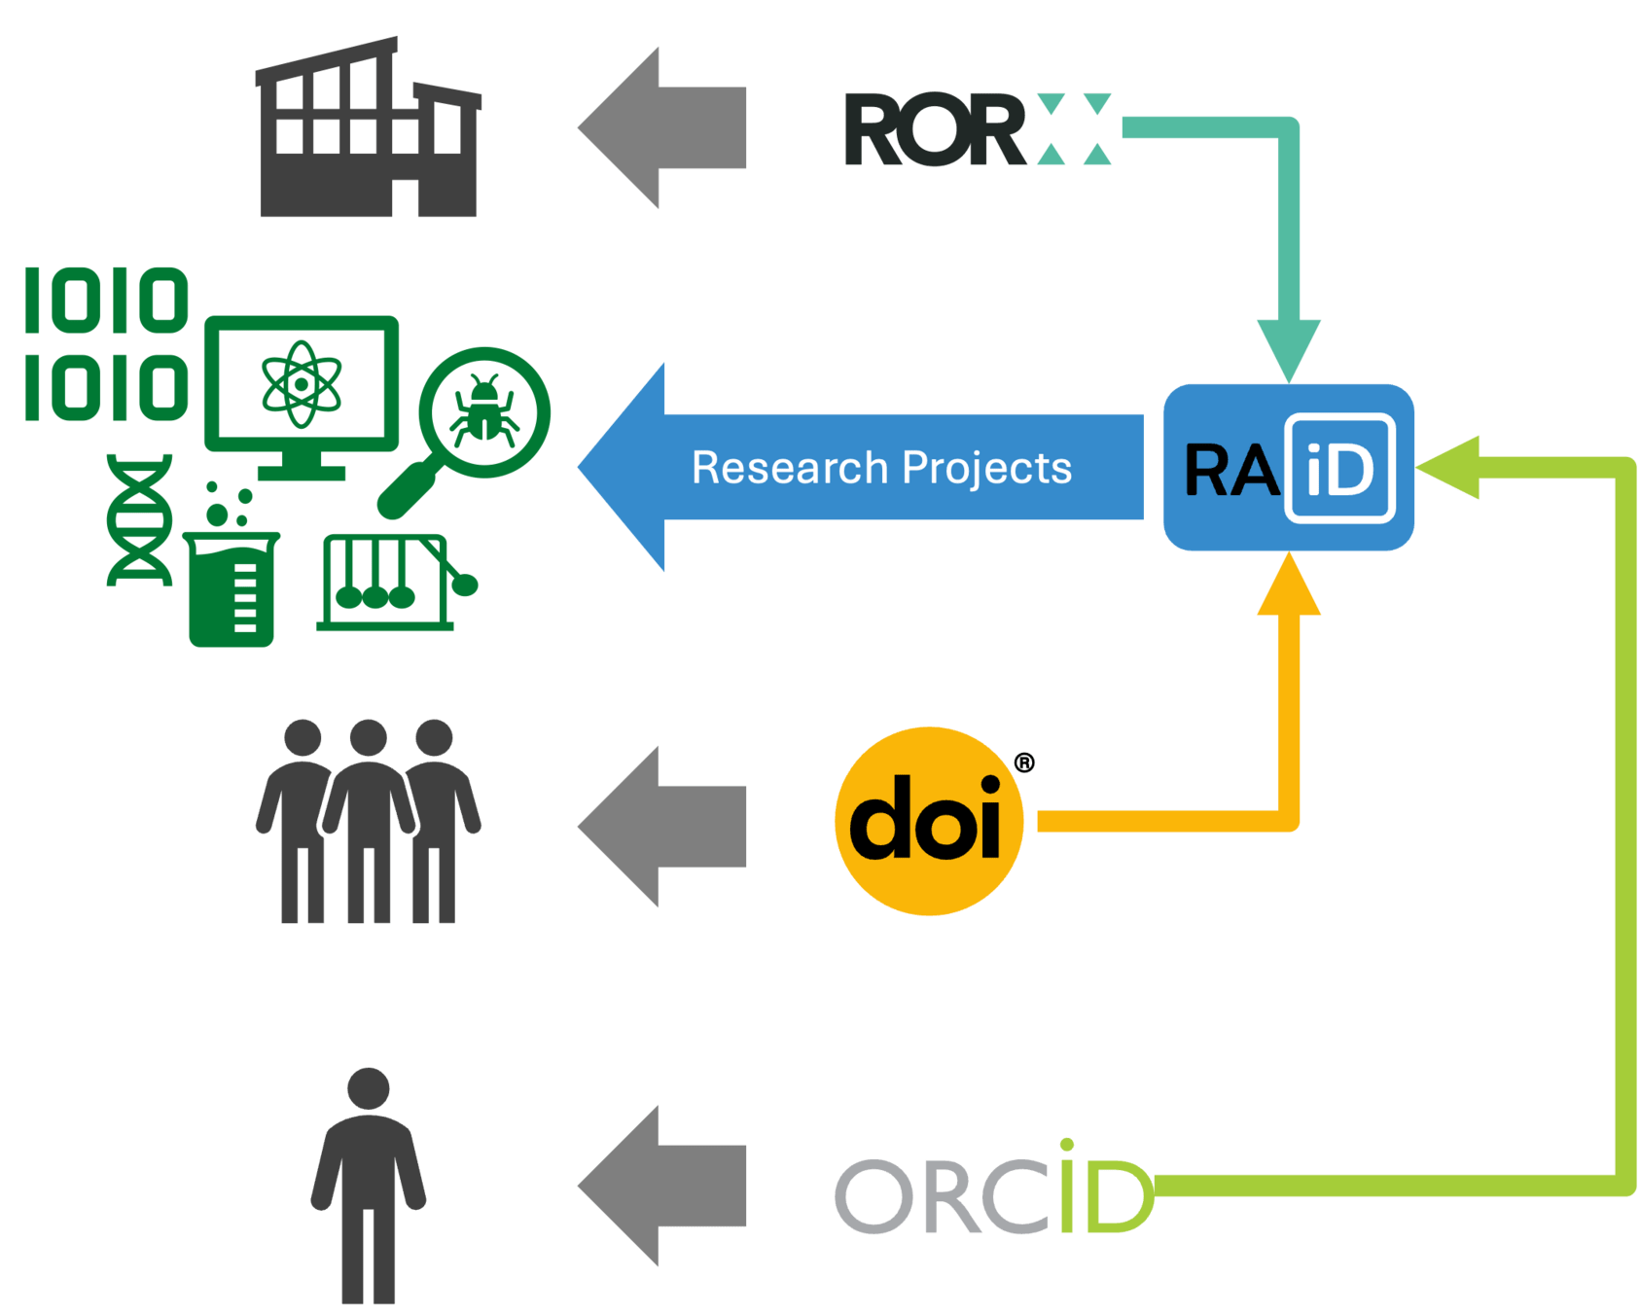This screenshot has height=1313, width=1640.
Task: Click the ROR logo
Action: coord(977,129)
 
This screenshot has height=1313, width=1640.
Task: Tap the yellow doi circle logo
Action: coord(929,821)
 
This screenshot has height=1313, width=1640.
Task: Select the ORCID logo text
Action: coord(993,1192)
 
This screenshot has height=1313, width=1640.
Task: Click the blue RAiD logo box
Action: coord(1288,468)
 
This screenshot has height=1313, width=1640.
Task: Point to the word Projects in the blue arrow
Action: coord(986,469)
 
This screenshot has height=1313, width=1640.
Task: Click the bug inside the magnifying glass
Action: coord(483,408)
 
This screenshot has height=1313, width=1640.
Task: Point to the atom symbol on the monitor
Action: coord(302,383)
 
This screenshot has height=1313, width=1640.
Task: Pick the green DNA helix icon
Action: coord(140,519)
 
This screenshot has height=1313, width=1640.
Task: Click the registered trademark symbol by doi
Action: coord(1024,763)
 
